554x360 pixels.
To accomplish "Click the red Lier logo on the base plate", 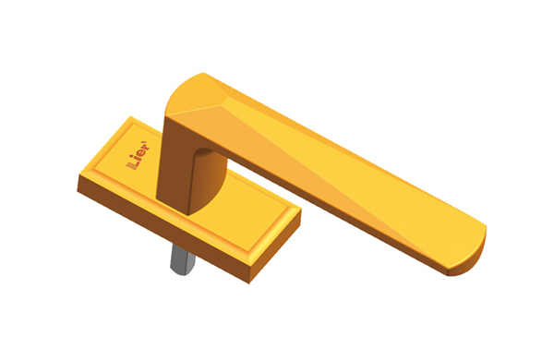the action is (138, 155).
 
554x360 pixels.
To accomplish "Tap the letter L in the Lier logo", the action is (134, 162).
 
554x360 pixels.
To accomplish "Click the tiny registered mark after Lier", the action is (144, 142).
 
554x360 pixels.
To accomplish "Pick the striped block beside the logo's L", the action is (129, 166).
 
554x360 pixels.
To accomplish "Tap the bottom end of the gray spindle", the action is (182, 272).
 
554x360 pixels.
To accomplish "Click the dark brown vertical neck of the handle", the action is (175, 166).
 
